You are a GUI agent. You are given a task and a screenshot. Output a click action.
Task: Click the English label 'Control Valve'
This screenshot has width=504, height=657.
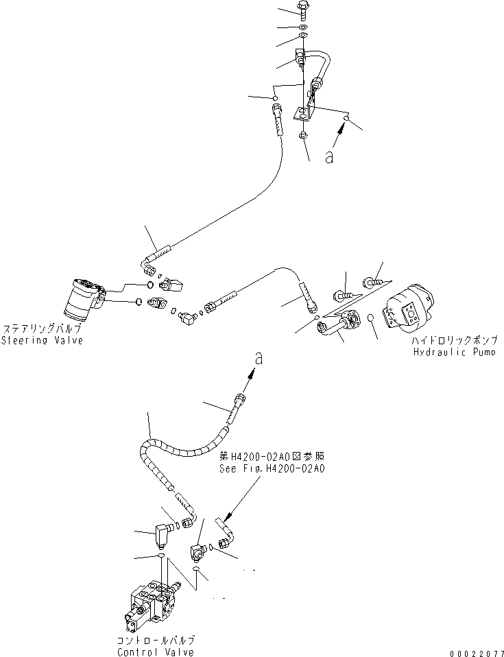155,652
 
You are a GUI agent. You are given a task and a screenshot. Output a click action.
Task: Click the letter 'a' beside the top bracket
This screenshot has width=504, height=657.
329,157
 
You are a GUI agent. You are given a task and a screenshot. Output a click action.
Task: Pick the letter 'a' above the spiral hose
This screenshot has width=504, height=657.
259,357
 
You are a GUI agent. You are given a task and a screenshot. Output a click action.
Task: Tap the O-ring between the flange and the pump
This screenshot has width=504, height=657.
370,318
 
